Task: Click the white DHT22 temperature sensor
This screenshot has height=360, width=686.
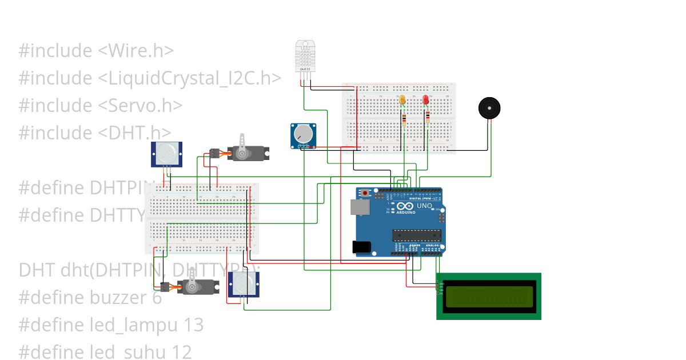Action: (x=305, y=56)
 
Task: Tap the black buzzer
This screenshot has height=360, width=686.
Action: (x=489, y=108)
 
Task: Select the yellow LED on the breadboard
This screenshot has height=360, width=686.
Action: (x=403, y=101)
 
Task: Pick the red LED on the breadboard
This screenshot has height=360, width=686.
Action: (x=426, y=101)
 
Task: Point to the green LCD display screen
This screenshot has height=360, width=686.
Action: (x=489, y=296)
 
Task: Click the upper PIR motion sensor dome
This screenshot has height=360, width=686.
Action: (x=166, y=153)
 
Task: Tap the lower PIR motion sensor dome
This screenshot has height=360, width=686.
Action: (x=244, y=283)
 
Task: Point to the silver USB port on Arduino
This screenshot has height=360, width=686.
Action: (x=361, y=207)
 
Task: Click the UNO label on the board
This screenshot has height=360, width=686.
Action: (x=424, y=206)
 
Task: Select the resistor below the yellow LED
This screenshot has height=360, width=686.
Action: (x=405, y=119)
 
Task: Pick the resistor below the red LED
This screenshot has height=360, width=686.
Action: (x=428, y=118)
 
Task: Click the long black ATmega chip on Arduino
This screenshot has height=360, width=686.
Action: (x=417, y=235)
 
